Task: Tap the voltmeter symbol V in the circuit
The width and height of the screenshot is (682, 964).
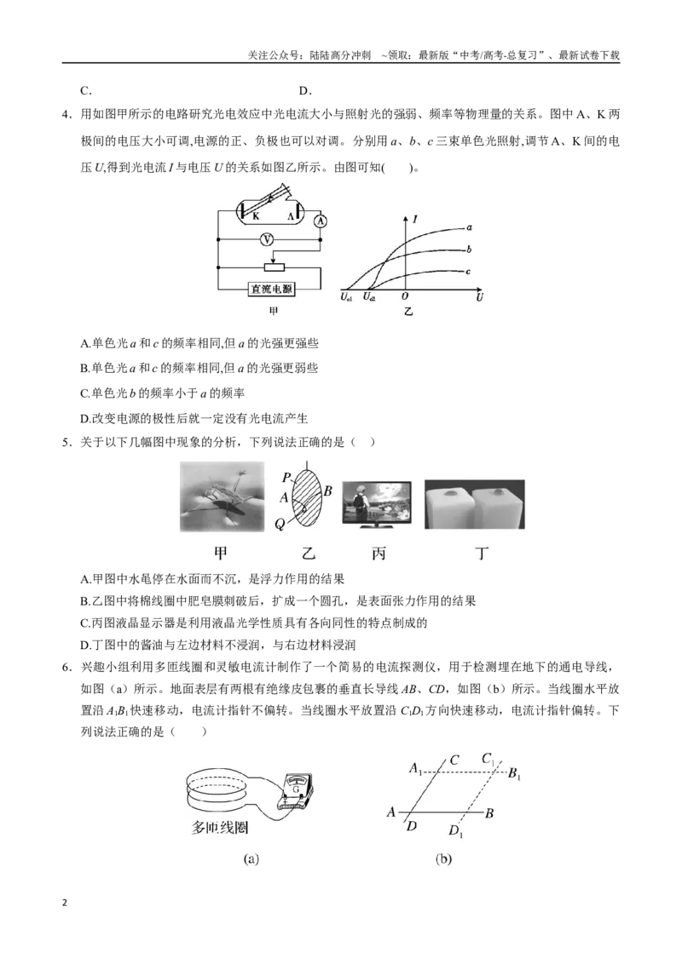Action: click(266, 239)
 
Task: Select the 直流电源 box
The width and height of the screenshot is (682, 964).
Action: click(271, 289)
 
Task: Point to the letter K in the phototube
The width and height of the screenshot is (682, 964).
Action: click(256, 215)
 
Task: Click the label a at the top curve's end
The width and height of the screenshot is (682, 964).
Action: click(470, 227)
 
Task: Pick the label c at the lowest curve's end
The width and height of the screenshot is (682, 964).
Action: click(468, 271)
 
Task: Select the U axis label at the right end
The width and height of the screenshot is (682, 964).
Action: click(479, 297)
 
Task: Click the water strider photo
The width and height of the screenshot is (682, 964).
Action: click(223, 496)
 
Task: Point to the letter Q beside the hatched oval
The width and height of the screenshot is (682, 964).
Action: click(280, 524)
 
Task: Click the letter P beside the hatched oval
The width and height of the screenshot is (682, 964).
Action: click(286, 478)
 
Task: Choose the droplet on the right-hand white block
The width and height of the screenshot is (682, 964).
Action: click(496, 492)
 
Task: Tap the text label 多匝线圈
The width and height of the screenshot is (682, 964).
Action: click(220, 828)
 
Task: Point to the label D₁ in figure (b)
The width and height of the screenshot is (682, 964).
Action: click(455, 831)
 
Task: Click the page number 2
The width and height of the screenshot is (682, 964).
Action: click(65, 903)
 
